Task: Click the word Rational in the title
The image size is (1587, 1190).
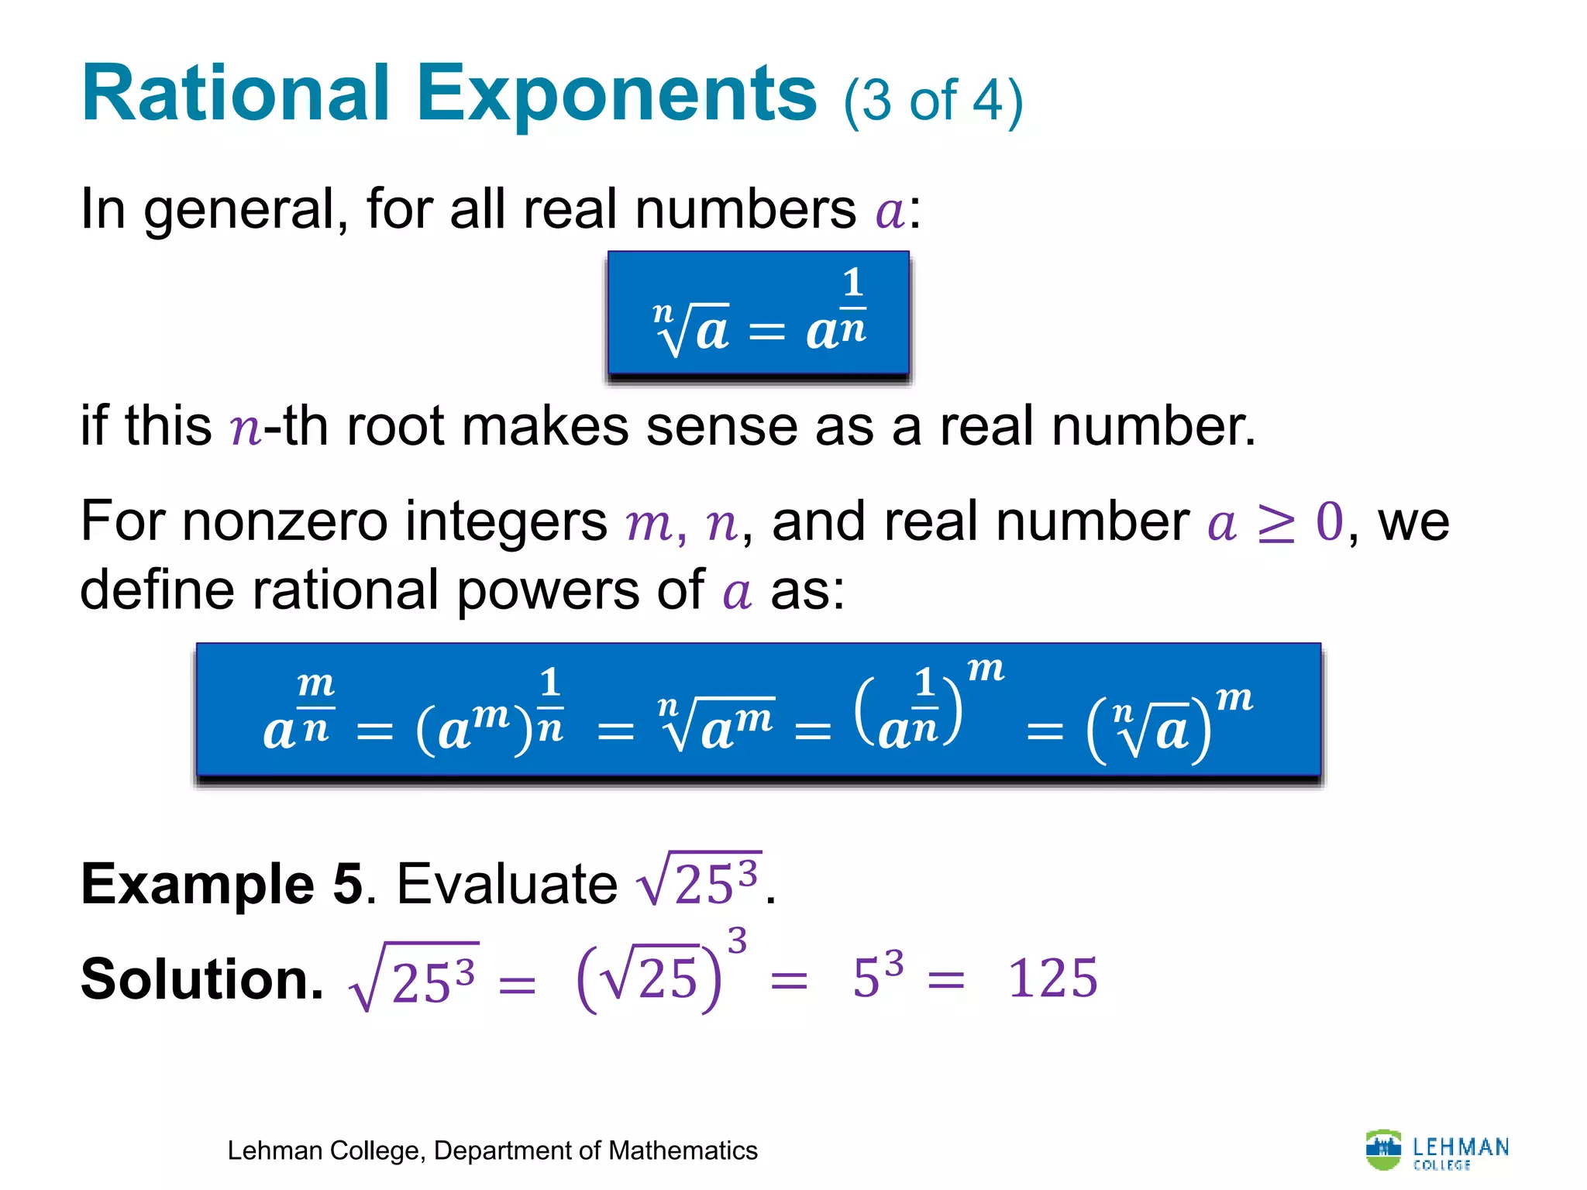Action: click(236, 94)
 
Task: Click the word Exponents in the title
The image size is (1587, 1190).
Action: click(617, 94)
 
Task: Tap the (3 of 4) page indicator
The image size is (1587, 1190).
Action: click(933, 101)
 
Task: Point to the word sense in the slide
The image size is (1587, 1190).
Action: click(721, 427)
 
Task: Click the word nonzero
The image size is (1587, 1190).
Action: click(284, 521)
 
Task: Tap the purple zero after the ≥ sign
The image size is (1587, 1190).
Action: click(1330, 521)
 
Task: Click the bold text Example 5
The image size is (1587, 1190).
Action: click(222, 884)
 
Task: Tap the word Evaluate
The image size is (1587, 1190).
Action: click(507, 884)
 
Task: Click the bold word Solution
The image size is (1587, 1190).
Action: click(201, 978)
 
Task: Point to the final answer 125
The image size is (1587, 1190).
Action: click(1052, 978)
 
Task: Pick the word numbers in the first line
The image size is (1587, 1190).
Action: click(745, 210)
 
